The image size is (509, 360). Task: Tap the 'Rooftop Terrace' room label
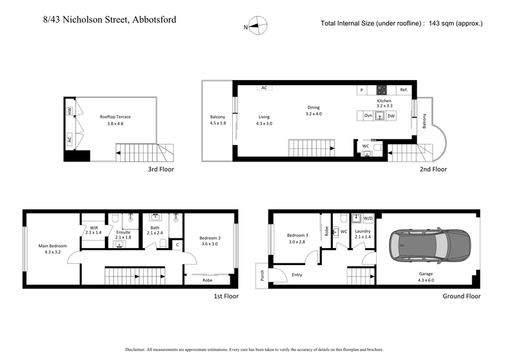tap(115, 117)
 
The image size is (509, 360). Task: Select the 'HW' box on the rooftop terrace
tap(69, 111)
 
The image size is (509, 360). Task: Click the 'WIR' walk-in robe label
tap(94, 227)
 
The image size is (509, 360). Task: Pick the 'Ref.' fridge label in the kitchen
tap(403, 90)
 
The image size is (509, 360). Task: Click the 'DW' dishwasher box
tap(391, 116)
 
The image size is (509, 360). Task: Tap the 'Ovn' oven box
tap(368, 116)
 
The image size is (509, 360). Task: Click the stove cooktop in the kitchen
tap(382, 90)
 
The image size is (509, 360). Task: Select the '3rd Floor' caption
tap(160, 170)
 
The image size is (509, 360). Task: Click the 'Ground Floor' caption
tap(461, 296)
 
